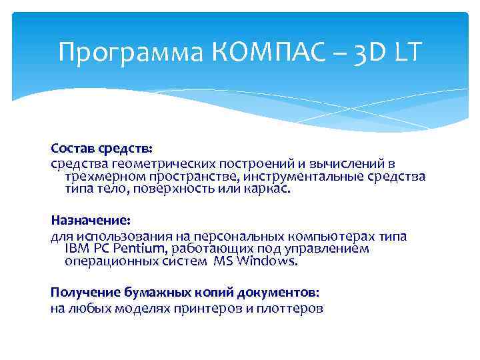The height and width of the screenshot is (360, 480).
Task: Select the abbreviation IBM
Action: (x=75, y=249)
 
